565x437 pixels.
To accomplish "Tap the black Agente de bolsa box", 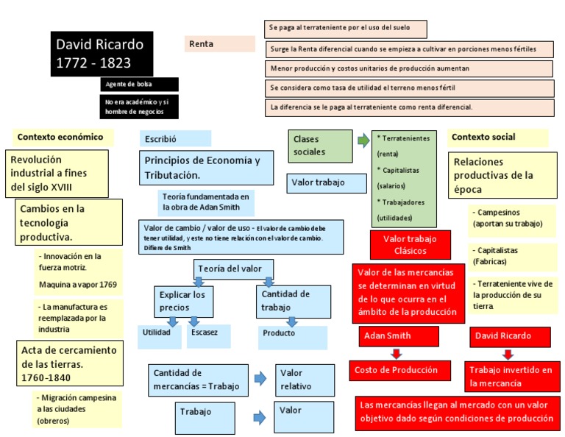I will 138,85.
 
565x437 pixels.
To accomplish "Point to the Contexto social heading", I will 497,137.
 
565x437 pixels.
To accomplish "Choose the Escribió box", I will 175,138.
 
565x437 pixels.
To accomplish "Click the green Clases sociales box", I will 319,146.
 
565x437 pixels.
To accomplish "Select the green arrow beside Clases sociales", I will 363,140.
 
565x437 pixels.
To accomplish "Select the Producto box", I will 291,335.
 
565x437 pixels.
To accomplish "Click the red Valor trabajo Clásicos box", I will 410,245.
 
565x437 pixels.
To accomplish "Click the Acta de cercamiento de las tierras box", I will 68,363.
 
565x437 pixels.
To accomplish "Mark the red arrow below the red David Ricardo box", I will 502,353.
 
